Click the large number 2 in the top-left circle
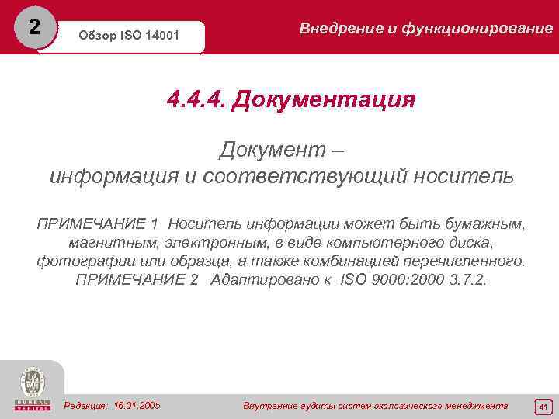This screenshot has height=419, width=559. [x=33, y=26]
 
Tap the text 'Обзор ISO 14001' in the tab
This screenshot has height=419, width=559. [x=130, y=36]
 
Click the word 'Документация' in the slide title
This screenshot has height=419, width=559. [x=323, y=100]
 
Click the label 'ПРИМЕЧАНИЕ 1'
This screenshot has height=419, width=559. [x=98, y=224]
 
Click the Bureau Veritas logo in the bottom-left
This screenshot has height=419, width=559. [x=32, y=388]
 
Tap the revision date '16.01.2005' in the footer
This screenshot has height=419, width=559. [x=137, y=406]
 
